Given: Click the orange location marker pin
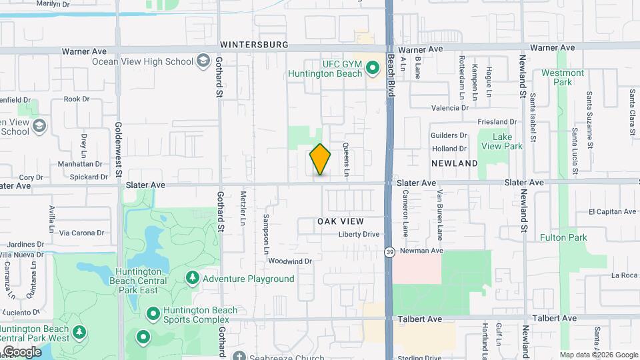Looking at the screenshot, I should [x=321, y=159].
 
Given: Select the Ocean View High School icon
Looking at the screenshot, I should [x=202, y=61].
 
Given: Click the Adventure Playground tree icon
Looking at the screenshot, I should [x=193, y=278].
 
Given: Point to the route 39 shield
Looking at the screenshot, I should [x=389, y=252].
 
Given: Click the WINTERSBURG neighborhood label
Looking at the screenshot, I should [x=255, y=45].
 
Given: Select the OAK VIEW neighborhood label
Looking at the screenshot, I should [x=340, y=221].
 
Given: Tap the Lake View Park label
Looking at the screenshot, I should [x=507, y=141].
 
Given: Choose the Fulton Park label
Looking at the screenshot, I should [x=563, y=237].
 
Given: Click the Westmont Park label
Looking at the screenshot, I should [x=563, y=77].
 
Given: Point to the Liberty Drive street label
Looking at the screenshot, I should [x=359, y=234].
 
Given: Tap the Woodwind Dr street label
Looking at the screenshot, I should [x=291, y=261].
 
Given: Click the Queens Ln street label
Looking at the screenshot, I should [x=347, y=159].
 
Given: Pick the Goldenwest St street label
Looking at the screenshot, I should [x=119, y=147].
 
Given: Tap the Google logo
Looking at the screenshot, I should [x=21, y=351].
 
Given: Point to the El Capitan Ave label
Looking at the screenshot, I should [x=612, y=211].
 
